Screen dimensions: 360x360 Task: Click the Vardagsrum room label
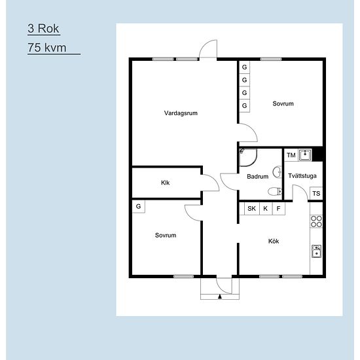181,113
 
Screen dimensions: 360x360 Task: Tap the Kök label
274,241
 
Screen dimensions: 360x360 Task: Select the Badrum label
257,176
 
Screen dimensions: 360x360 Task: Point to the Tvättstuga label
302,176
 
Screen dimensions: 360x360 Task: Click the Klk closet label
165,183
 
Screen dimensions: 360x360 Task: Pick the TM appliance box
291,155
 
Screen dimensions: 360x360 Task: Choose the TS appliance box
316,194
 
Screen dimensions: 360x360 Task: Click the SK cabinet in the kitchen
251,208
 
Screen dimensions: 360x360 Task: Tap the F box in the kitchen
278,208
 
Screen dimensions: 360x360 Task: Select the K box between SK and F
266,208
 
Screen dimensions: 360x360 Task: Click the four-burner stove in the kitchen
316,221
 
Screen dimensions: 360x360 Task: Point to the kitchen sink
316,251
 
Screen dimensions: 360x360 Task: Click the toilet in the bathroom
275,191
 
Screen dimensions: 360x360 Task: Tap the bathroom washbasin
278,171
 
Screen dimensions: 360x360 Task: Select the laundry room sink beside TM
305,155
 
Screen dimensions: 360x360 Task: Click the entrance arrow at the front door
220,297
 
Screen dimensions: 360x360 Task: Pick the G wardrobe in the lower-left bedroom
139,206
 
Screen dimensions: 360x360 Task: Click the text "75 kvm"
47,48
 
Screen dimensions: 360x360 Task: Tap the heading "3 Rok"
43,28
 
